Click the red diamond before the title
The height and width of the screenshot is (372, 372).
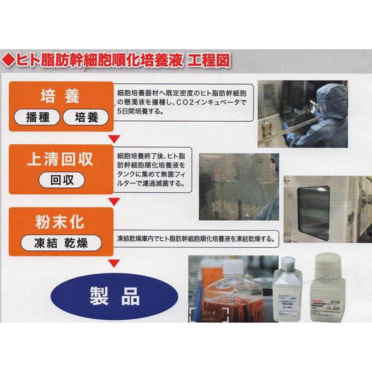click(10, 62)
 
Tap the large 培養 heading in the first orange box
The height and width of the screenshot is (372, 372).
click(62, 97)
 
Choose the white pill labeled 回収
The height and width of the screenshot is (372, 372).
click(63, 180)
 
